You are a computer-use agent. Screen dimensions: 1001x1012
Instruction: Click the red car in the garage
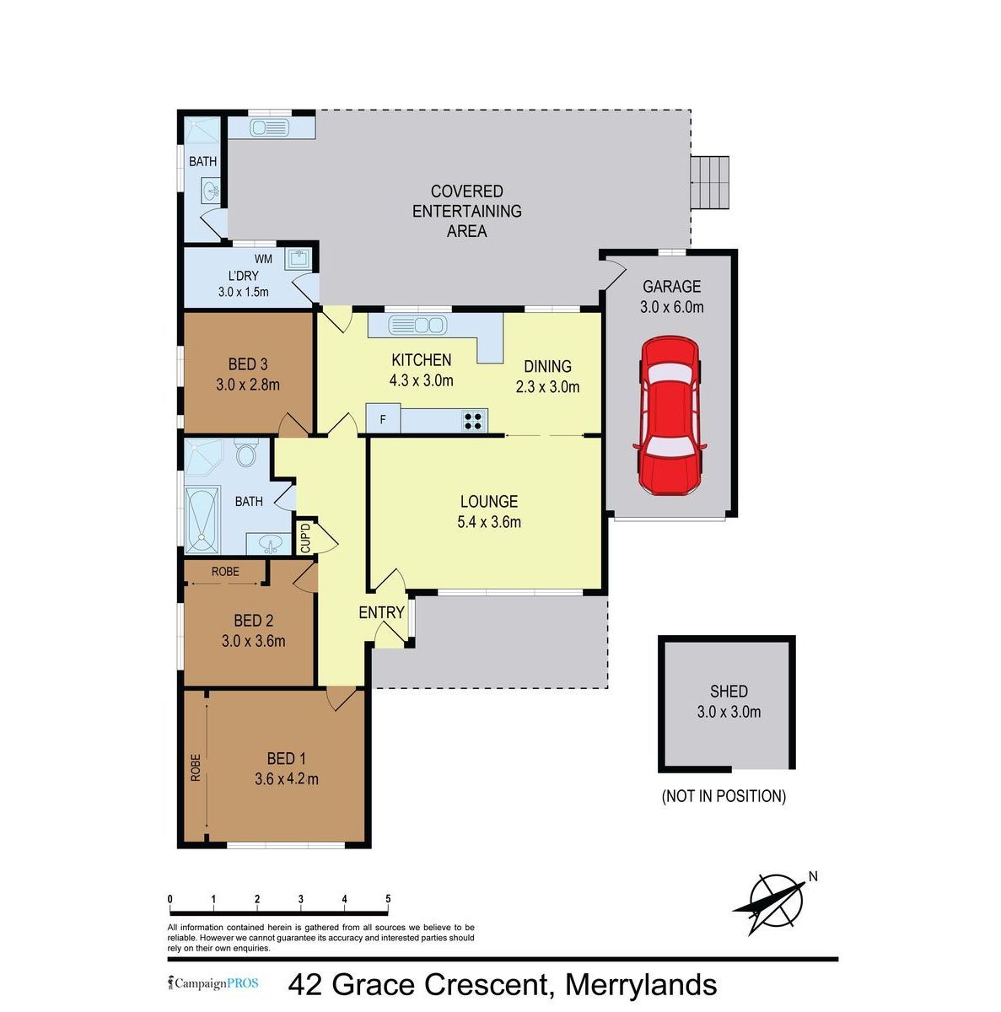[x=670, y=415]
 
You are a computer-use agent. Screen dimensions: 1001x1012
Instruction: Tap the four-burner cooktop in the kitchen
[x=472, y=421]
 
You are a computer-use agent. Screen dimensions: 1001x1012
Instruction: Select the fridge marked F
[x=383, y=418]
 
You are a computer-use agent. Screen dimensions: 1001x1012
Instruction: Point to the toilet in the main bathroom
[x=245, y=453]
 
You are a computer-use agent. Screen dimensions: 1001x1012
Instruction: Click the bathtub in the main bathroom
[x=202, y=520]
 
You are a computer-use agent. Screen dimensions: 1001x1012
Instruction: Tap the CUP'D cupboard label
[x=305, y=537]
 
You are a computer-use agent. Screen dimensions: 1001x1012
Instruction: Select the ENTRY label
[x=381, y=612]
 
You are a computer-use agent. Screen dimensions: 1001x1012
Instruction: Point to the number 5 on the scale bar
[x=388, y=899]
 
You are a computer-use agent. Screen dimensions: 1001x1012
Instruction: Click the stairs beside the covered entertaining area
[x=709, y=181]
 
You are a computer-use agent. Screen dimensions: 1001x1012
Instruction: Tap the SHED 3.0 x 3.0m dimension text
[x=729, y=712]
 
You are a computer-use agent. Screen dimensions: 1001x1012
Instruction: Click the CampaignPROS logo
[x=213, y=983]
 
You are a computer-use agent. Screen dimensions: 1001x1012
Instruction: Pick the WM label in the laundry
[x=263, y=259]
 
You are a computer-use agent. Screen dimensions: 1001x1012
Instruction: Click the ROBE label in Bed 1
[x=196, y=767]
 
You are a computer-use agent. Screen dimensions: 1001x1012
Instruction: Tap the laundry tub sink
[x=299, y=258]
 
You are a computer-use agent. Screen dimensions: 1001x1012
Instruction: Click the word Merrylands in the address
[x=641, y=984]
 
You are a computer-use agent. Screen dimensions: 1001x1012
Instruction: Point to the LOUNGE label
[x=489, y=501]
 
